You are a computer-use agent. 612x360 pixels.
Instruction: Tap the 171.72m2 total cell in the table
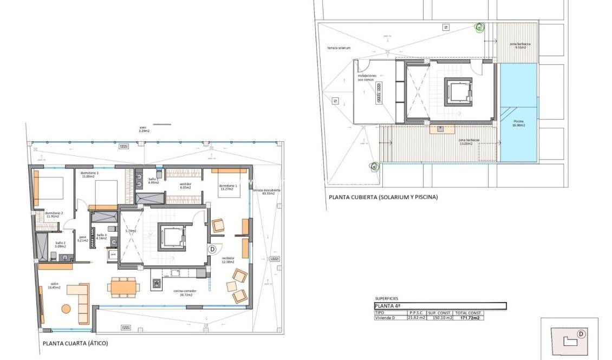pyautogui.click(x=468, y=318)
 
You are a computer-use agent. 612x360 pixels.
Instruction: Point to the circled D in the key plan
pyautogui.click(x=581, y=334)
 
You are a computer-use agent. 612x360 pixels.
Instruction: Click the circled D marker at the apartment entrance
pyautogui.click(x=212, y=249)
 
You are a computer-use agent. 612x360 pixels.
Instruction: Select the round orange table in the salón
pyautogui.click(x=66, y=309)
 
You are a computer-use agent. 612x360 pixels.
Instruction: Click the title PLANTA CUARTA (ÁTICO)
pyautogui.click(x=79, y=343)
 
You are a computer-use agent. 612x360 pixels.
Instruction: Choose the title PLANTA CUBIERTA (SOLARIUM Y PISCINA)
pyautogui.click(x=383, y=198)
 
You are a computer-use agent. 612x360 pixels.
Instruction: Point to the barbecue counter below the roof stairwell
pyautogui.click(x=440, y=129)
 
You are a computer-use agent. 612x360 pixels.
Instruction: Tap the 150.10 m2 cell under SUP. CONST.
pyautogui.click(x=440, y=318)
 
